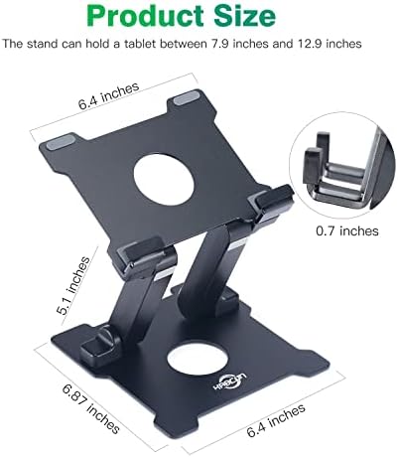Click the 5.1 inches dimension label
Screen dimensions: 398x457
pyautogui.click(x=73, y=285)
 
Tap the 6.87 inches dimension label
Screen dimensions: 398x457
pyautogui.click(x=90, y=408)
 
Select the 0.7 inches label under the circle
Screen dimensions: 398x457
pyautogui.click(x=347, y=230)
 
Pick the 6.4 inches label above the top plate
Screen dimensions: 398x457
pyautogui.click(x=108, y=95)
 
